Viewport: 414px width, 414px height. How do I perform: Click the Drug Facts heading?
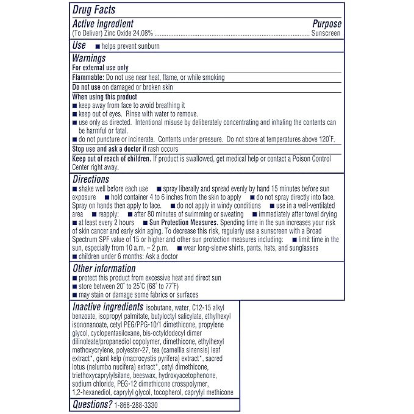tap(94, 10)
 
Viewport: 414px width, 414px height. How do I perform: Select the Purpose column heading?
tap(327, 24)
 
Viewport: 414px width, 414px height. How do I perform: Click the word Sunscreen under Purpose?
tap(327, 32)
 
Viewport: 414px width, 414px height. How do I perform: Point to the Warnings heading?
tap(89, 59)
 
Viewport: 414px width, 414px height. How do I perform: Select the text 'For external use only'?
tap(100, 68)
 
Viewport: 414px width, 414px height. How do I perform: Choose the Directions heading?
tap(91, 180)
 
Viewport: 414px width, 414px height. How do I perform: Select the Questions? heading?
tap(92, 405)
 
